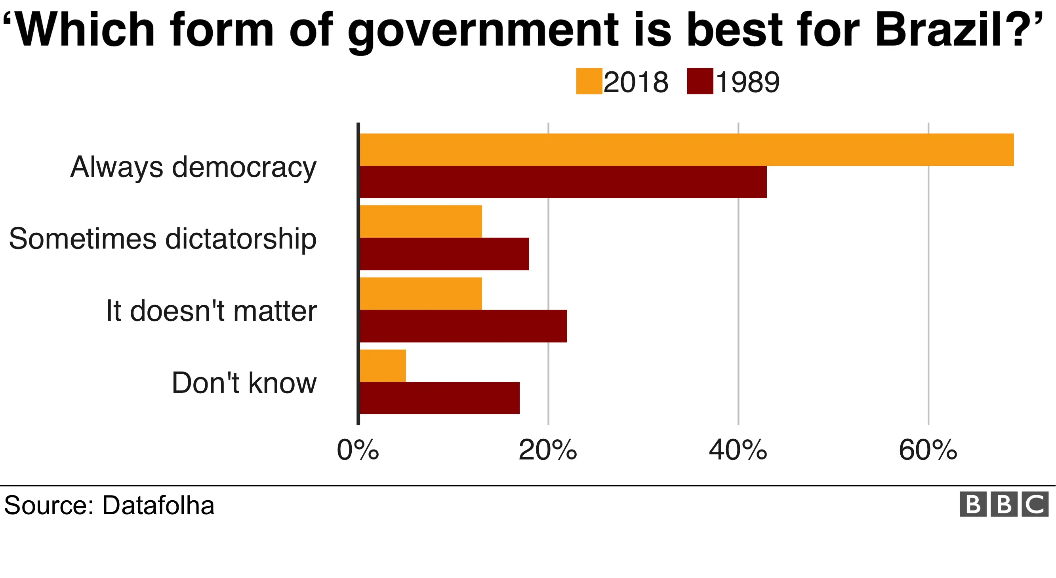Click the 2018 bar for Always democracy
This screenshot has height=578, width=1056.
tap(687, 150)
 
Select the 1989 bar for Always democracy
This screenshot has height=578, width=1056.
tap(563, 182)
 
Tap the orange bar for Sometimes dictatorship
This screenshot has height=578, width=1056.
tap(421, 222)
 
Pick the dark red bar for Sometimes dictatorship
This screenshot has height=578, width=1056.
tap(444, 254)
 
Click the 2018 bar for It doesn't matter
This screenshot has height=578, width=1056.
tap(421, 294)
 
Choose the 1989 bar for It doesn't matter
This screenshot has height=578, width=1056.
tap(463, 326)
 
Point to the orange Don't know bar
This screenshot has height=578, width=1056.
tap(383, 366)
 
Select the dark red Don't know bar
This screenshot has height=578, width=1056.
tap(439, 398)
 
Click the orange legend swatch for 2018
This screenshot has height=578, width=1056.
tap(589, 81)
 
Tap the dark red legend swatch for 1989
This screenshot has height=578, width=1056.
tap(700, 81)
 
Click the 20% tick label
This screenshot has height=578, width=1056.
tap(548, 450)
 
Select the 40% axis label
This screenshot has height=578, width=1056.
tap(738, 450)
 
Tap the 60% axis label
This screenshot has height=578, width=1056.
tap(928, 450)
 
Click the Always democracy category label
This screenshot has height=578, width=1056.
tap(193, 167)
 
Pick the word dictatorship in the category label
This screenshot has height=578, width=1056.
tap(241, 239)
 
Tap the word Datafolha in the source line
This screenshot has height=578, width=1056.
tap(158, 505)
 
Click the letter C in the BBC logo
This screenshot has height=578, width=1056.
tap(1035, 504)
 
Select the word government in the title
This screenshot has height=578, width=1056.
tap(483, 31)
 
